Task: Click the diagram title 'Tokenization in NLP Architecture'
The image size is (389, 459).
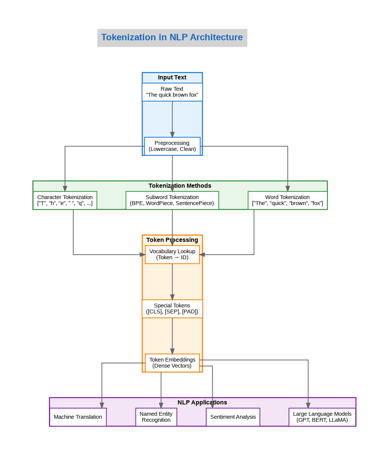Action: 172,38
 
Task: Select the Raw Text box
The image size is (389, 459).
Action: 172,92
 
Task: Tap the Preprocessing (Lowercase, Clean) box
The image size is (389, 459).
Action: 172,146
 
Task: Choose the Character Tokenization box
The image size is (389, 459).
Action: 65,200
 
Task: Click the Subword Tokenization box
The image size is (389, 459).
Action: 172,200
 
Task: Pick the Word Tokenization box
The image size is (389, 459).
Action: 287,200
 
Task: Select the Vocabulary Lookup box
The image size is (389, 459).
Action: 172,254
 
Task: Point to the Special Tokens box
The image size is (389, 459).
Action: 172,309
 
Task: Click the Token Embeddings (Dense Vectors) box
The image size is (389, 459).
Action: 172,363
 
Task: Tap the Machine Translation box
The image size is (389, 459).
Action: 78,417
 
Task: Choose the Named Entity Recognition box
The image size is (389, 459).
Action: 156,417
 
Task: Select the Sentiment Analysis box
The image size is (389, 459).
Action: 233,417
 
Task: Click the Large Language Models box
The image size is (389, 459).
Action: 322,417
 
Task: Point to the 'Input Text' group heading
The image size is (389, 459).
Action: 172,78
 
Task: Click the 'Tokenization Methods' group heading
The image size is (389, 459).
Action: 180,186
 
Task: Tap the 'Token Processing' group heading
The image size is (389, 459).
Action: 172,240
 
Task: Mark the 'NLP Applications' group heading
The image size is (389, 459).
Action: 202,403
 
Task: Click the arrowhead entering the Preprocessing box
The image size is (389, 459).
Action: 172,135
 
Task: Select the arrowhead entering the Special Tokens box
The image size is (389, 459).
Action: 172,297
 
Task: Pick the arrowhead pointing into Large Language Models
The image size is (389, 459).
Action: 308,406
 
